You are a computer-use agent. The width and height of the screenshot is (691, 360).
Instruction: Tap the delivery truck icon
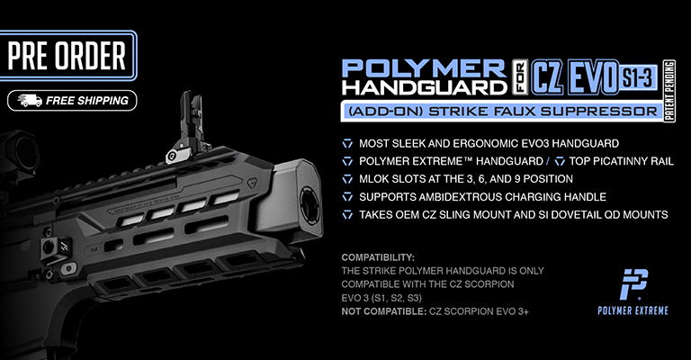(x=30, y=101)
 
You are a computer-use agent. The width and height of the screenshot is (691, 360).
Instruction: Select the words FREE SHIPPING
(x=87, y=101)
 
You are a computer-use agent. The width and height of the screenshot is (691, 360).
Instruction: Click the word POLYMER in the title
(x=424, y=68)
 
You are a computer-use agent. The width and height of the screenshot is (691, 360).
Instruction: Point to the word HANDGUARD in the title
(x=425, y=87)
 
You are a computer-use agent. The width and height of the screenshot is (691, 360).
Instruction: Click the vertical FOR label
(x=520, y=77)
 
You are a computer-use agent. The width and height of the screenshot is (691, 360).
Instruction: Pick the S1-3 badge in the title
(x=637, y=78)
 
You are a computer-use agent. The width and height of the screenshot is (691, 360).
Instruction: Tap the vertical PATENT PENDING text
(x=669, y=91)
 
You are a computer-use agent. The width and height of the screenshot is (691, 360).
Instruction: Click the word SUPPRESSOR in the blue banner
(x=599, y=112)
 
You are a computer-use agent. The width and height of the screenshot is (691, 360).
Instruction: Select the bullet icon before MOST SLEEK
(x=347, y=144)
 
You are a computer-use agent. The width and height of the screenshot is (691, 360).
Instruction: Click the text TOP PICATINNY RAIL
(x=622, y=161)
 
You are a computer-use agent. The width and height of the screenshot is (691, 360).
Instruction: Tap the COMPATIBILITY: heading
(x=378, y=257)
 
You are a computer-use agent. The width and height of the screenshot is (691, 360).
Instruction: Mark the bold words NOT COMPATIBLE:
(x=383, y=311)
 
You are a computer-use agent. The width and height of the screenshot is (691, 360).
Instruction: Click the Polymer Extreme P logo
(x=633, y=284)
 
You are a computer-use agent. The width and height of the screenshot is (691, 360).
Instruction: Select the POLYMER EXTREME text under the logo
(x=633, y=310)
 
